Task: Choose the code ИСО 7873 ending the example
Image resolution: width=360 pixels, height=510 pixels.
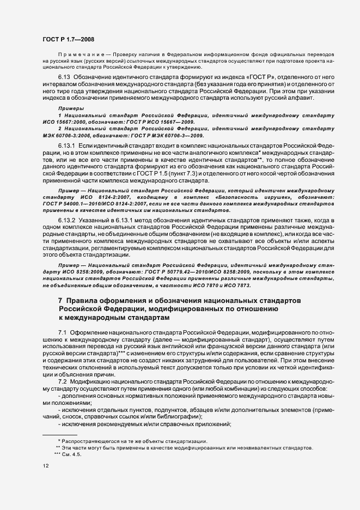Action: [x=239, y=284]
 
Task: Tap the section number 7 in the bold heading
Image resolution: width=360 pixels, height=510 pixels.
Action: [x=60, y=301]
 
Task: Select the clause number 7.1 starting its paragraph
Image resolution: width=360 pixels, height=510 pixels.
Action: [x=62, y=332]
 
